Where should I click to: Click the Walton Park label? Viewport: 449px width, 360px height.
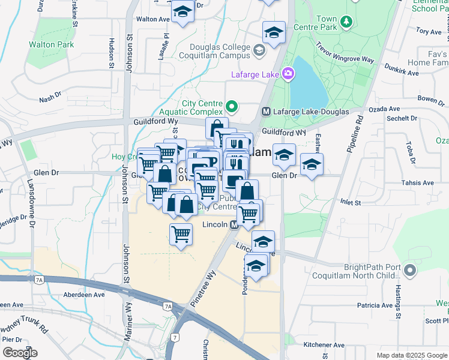pyautogui.click(x=51, y=44)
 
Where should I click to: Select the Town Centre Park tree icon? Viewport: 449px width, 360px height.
pyautogui.click(x=346, y=23)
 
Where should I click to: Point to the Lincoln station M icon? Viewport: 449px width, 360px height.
pyautogui.click(x=235, y=224)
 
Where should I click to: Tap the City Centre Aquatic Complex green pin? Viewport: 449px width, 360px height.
pyautogui.click(x=232, y=108)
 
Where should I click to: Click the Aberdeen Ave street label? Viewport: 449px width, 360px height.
pyautogui.click(x=85, y=295)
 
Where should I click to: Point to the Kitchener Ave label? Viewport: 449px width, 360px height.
pyautogui.click(x=324, y=345)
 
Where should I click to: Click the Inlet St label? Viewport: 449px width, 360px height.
pyautogui.click(x=350, y=203)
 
